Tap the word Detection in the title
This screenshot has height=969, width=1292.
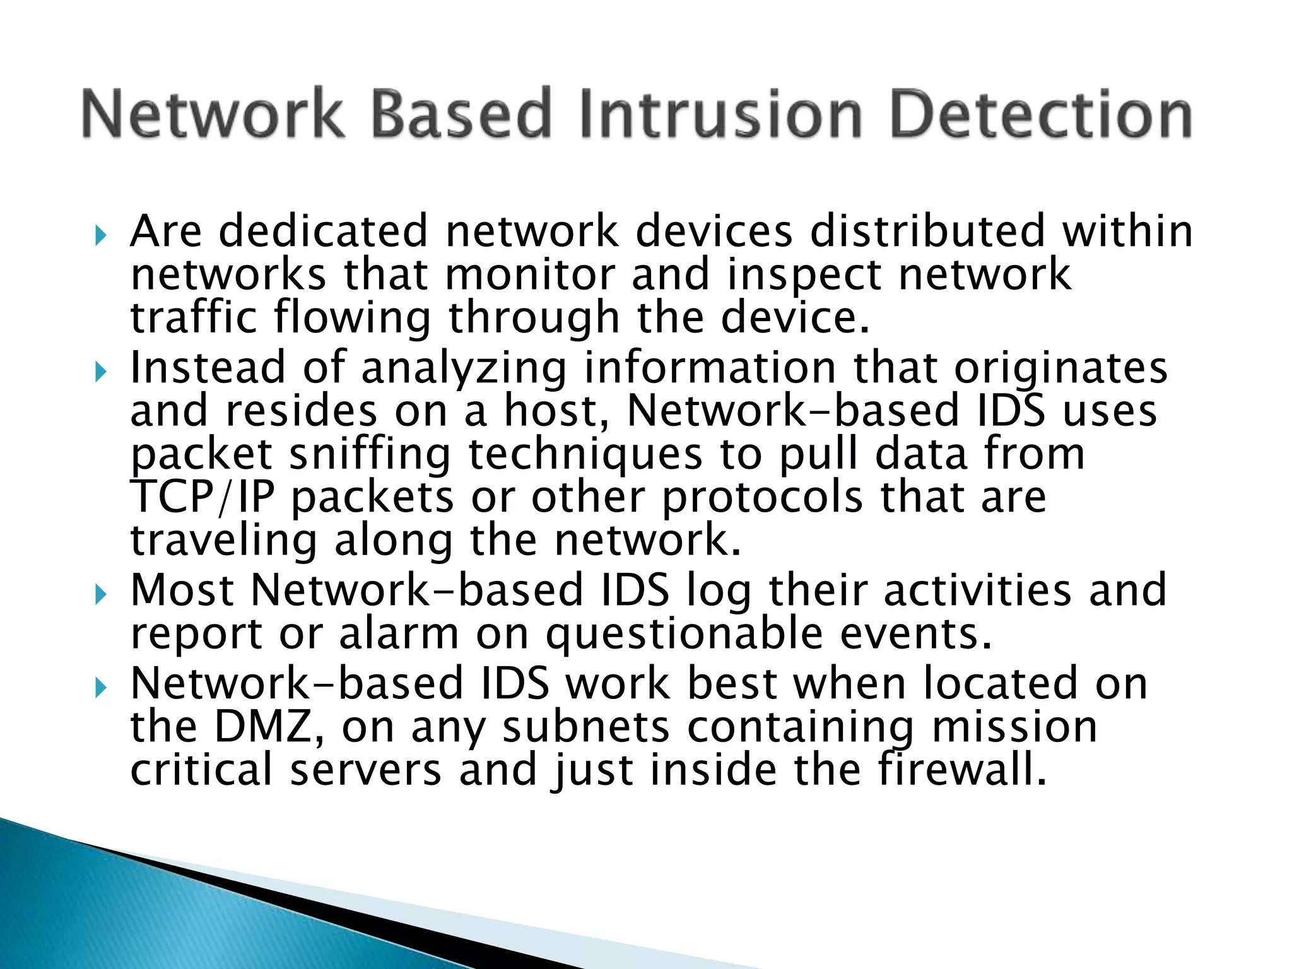pos(1041,114)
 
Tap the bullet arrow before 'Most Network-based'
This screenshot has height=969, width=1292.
pos(100,594)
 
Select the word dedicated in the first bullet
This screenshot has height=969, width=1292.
pos(323,231)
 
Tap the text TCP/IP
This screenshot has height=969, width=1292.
pos(203,497)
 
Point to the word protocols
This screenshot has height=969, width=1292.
pos(762,498)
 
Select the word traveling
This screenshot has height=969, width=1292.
pos(223,541)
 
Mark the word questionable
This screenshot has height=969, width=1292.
pos(684,635)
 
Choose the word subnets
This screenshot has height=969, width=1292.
pos(586,727)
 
